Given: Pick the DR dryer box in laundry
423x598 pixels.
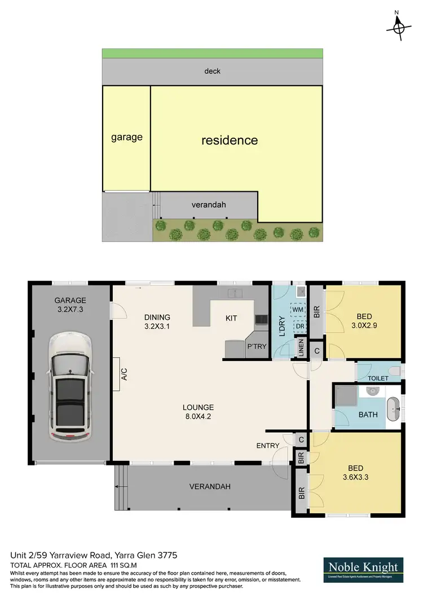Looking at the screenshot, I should (298, 326).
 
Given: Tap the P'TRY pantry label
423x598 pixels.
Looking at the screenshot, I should (257, 347).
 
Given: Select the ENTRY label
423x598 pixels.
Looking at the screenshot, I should (268, 446).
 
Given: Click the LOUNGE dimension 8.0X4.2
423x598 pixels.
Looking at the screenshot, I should (198, 417).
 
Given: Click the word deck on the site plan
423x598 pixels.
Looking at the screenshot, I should (213, 71).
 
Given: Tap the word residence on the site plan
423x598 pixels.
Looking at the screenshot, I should (230, 140).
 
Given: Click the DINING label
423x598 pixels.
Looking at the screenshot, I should (157, 317).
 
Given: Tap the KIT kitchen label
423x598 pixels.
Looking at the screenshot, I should (231, 318).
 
